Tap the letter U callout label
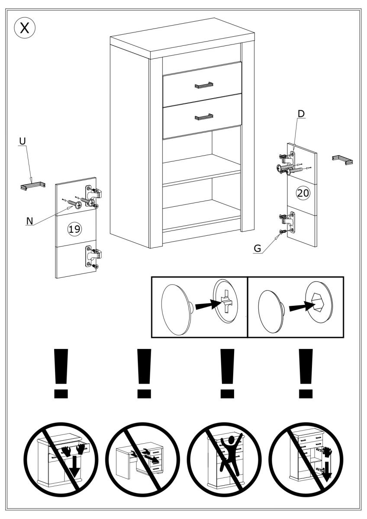point(23,141)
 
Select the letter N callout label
point(30,221)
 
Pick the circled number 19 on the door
point(75,229)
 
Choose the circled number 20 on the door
point(303,193)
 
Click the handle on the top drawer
point(204,85)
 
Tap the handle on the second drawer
point(204,116)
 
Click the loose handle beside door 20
point(342,160)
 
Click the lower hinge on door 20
point(289,221)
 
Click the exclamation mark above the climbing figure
point(225,374)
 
